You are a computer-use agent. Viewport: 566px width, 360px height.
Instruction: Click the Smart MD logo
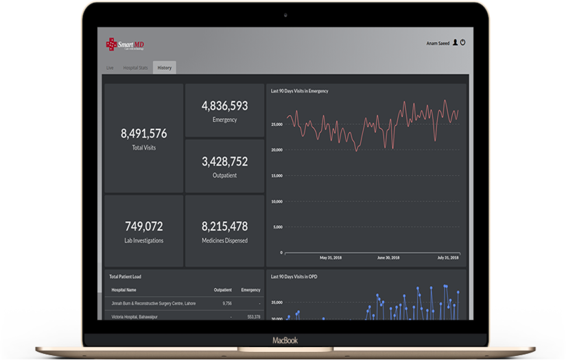125,45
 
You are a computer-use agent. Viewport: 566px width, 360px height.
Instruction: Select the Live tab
110,68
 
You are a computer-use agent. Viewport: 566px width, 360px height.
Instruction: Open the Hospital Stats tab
135,68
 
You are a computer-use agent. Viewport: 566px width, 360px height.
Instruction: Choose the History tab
164,68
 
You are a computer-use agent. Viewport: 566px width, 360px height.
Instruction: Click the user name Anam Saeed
438,43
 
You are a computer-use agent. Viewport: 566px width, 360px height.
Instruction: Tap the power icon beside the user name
463,43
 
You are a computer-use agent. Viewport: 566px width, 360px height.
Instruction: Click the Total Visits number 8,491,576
143,133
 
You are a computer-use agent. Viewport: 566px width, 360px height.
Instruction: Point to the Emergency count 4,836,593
224,106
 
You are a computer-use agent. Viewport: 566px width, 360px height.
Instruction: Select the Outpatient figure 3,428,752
224,162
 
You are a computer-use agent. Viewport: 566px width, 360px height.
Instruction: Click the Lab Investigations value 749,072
143,226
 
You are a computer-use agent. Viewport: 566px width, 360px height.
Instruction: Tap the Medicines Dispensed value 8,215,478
224,226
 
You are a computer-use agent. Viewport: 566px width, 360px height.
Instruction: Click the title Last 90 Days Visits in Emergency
300,91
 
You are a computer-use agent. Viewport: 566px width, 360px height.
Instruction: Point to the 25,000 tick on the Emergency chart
277,124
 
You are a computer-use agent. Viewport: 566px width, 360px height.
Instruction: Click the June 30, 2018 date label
388,258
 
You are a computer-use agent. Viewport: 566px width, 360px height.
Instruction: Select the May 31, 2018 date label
331,258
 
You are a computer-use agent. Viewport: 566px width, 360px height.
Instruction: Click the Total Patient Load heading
126,276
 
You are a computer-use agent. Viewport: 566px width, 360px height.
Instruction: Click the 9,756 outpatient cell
227,302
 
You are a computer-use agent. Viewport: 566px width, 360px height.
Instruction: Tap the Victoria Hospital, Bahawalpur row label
134,317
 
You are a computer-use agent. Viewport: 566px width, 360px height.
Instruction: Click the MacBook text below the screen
285,340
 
